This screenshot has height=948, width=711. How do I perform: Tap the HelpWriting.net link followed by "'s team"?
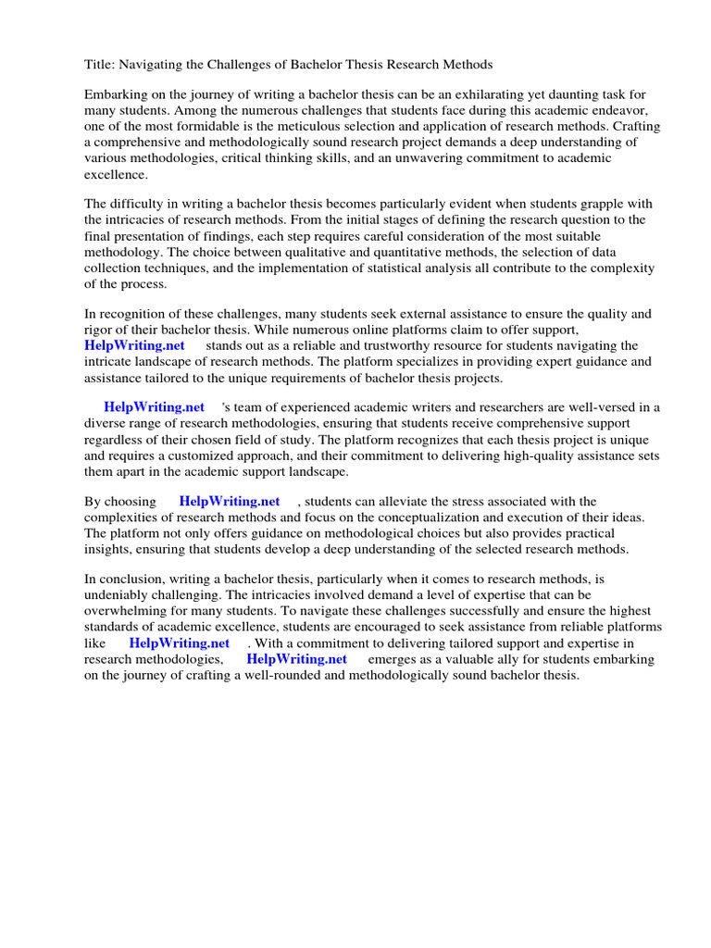(155, 406)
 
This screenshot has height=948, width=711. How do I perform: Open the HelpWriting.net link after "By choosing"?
(230, 501)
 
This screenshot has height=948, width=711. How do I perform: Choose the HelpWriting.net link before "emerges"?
(296, 658)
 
